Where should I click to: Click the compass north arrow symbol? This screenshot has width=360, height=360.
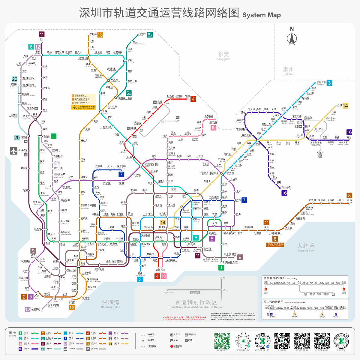coord(292,38)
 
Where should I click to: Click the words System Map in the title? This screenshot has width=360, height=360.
coord(261,15)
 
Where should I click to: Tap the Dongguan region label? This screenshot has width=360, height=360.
coord(223,55)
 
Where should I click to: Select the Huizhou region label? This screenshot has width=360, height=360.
coord(288,70)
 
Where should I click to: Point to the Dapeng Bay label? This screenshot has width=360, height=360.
coord(305,247)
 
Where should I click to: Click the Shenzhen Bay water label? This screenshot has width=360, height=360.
coord(110,304)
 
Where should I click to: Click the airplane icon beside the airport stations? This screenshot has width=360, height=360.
coord(13,151)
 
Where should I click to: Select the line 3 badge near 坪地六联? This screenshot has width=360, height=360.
coord(329,83)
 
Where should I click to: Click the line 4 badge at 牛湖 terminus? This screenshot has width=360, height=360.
coord(193,99)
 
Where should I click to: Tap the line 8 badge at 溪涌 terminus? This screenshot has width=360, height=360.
coord(349,195)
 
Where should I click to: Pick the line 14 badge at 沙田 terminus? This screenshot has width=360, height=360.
coord(345,106)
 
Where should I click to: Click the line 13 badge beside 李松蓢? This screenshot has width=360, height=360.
coord(100,35)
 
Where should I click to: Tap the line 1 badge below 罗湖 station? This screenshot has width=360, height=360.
coord(221,268)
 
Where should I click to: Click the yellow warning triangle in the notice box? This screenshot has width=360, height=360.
coord(74,107)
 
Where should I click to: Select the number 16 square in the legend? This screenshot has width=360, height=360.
coord(20,349)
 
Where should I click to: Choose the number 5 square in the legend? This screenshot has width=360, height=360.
coord(110,333)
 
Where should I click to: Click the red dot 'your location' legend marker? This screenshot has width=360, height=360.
coord(172,346)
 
